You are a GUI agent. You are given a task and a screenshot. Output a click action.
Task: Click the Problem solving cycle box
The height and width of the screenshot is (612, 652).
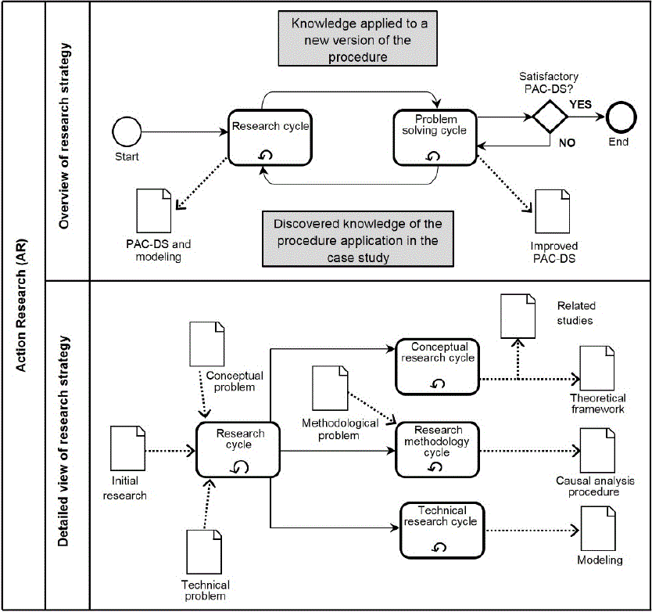pos(435,138)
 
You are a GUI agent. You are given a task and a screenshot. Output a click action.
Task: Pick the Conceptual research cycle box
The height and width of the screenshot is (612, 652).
pos(438,367)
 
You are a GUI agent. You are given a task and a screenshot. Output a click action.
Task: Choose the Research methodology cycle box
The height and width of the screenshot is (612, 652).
pos(438,450)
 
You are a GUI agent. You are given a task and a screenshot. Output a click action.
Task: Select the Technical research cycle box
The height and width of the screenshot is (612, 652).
pos(442,531)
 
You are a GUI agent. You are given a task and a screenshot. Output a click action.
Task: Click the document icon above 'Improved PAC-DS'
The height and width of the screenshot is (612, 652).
pos(552,211)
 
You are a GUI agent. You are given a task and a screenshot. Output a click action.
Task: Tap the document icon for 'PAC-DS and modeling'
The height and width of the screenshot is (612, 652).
pos(154,211)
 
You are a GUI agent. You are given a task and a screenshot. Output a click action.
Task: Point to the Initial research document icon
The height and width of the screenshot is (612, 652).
pos(127,448)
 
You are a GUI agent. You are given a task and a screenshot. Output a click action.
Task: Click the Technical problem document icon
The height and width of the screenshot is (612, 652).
pos(204,552)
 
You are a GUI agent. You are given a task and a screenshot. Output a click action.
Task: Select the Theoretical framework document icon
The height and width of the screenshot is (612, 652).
pos(597,368)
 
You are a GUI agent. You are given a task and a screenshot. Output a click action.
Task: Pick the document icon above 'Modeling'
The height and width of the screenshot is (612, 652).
pos(598,528)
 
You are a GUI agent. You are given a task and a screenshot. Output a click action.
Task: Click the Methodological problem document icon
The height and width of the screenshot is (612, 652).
pos(330,388)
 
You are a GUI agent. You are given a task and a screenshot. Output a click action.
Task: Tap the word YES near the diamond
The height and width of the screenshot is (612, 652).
pos(581,104)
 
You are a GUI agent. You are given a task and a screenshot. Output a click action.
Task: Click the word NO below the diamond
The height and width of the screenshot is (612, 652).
pos(567,142)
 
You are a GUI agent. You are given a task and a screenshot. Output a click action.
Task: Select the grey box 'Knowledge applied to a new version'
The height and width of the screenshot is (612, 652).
pos(357,38)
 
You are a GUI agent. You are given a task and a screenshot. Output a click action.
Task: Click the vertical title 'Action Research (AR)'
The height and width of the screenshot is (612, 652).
pos(21,305)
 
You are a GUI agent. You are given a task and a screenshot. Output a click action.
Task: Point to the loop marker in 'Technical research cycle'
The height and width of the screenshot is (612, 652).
pos(439,547)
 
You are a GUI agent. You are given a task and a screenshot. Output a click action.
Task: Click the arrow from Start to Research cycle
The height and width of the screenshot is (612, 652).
pos(184,132)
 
